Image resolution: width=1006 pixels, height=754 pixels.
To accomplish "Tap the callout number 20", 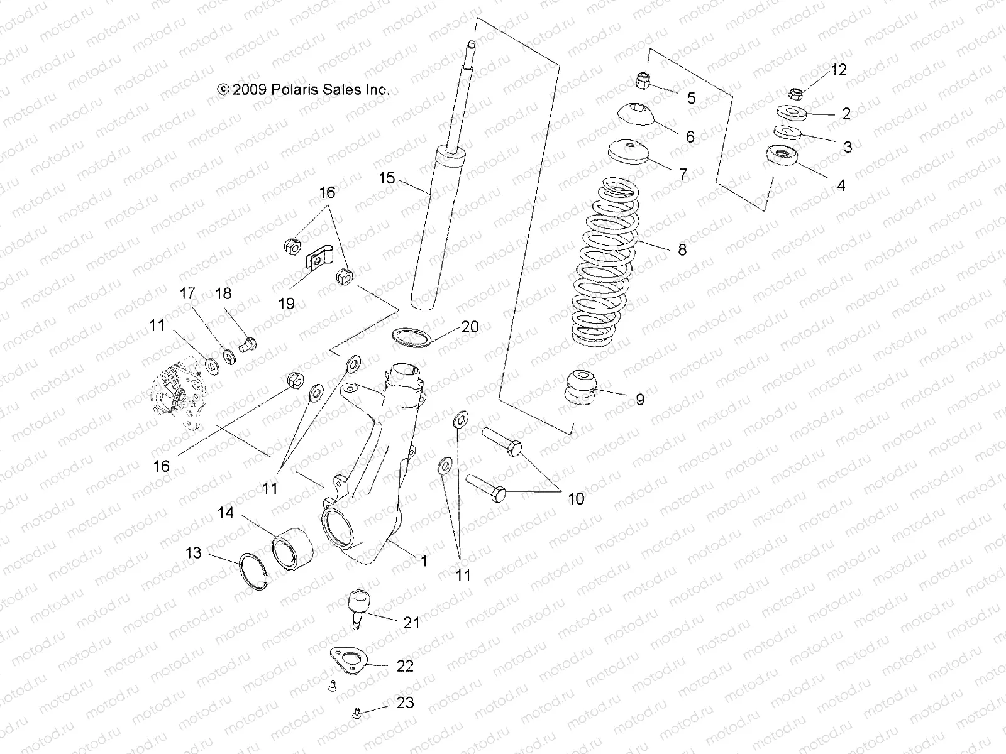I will tap(470, 327).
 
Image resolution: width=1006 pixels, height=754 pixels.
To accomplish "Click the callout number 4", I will tap(841, 185).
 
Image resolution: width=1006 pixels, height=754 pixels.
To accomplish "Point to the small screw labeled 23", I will tap(355, 713).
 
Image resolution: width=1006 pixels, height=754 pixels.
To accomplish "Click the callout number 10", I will tap(576, 499).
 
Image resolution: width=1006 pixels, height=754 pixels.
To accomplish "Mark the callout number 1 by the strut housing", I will tap(424, 560).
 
